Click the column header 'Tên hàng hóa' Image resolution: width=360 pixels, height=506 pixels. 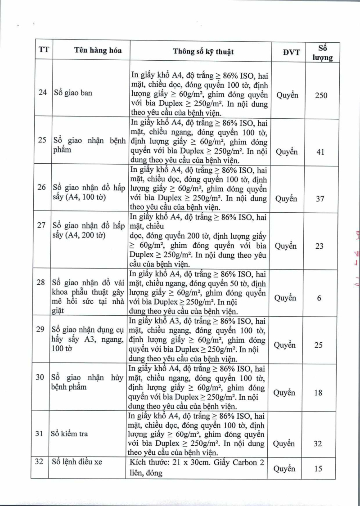pos(98,50)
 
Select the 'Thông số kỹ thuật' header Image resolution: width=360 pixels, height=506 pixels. pos(203,51)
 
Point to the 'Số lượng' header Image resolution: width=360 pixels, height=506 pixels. pos(322,52)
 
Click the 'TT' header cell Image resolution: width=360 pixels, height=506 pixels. pos(43,50)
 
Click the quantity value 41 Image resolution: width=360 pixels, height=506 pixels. pos(320,152)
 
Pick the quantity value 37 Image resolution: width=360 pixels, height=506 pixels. pos(320,198)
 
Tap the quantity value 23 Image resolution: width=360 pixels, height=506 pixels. pos(320,246)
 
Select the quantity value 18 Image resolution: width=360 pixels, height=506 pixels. pos(318,393)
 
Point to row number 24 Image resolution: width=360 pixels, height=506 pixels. pos(43,93)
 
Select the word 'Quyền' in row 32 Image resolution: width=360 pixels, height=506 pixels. pos(284,469)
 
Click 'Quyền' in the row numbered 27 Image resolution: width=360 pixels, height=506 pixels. pos(286,246)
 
